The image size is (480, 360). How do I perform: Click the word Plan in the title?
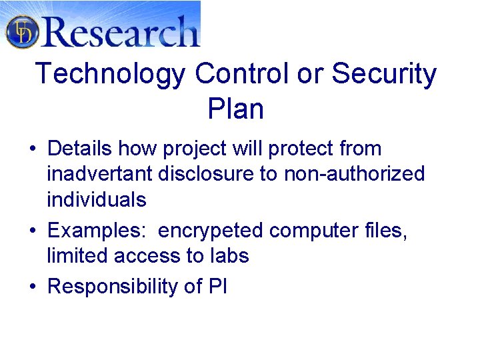(x=235, y=109)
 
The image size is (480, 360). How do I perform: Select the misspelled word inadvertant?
(x=100, y=174)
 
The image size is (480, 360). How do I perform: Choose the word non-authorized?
(x=354, y=175)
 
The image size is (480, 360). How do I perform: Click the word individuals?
(x=96, y=199)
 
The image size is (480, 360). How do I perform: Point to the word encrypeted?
(x=212, y=231)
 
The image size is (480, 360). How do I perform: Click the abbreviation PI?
(x=217, y=286)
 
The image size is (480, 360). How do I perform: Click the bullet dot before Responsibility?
(x=32, y=287)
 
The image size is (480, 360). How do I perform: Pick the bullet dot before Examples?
(x=32, y=231)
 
